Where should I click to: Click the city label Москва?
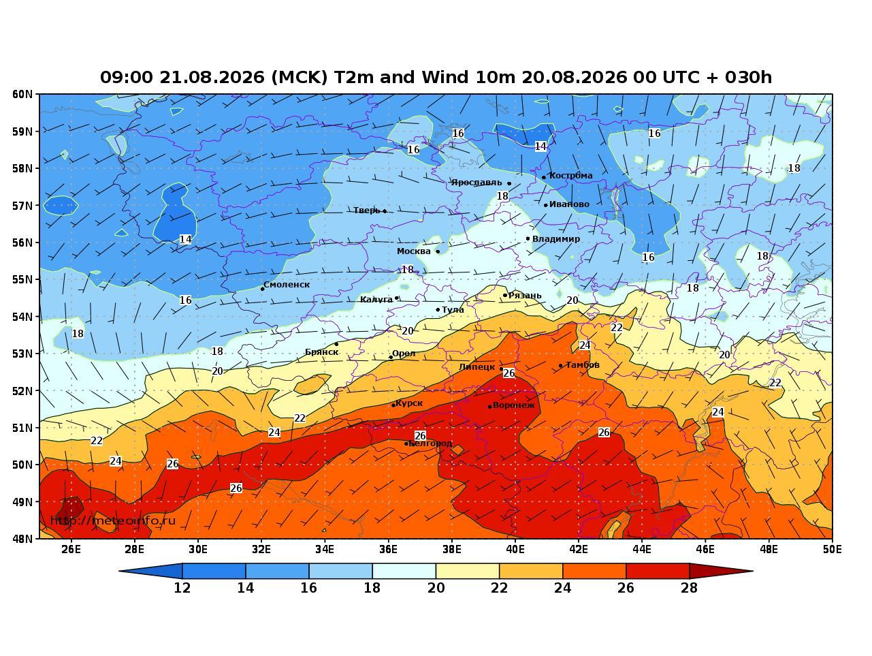click(x=413, y=251)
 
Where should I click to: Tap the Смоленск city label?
click(x=286, y=285)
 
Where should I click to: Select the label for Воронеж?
click(x=513, y=405)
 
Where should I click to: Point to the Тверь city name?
click(x=367, y=210)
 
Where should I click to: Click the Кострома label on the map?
click(x=570, y=176)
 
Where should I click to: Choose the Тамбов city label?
click(x=582, y=365)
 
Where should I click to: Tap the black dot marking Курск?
click(x=393, y=405)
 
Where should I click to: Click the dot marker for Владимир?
click(x=528, y=238)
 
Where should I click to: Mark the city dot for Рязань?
click(x=505, y=296)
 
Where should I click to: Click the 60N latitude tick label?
click(x=22, y=94)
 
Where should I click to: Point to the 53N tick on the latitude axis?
click(x=22, y=354)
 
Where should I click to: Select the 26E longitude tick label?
click(x=71, y=550)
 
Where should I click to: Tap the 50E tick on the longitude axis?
click(x=832, y=550)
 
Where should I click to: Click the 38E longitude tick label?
click(x=452, y=550)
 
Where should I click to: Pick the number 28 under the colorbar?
click(x=689, y=588)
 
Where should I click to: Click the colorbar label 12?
click(x=182, y=588)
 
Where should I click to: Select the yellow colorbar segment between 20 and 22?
click(x=467, y=571)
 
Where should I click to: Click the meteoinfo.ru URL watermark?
click(x=113, y=520)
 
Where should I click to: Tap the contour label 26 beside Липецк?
click(x=508, y=373)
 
